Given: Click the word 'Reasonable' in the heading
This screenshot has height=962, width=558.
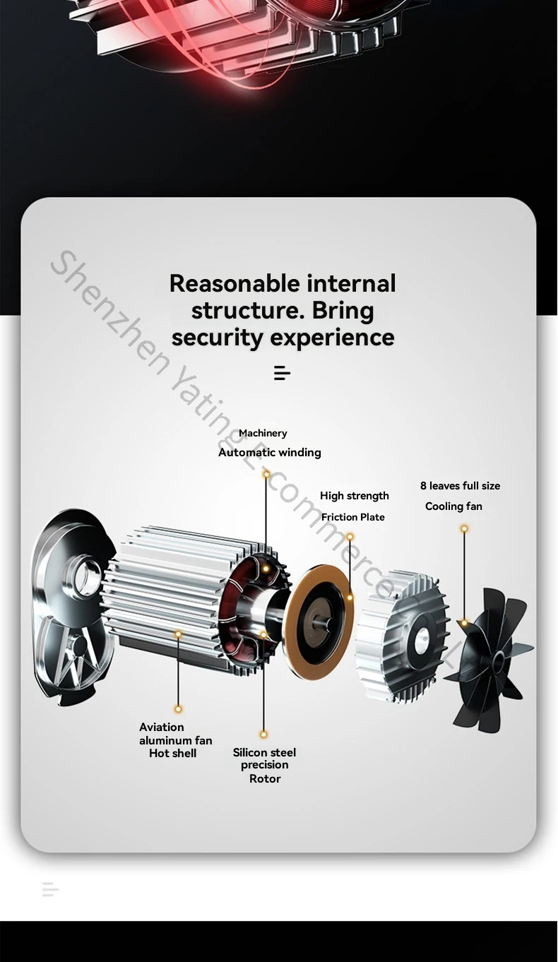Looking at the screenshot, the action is [235, 283].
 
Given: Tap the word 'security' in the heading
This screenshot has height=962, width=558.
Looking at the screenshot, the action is [218, 337].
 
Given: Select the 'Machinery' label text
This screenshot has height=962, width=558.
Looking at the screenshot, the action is [263, 433].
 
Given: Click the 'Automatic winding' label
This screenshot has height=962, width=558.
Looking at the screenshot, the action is [269, 452].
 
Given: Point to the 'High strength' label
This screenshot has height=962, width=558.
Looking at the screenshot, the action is [355, 496].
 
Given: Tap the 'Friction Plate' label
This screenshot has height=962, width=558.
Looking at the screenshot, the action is [352, 517].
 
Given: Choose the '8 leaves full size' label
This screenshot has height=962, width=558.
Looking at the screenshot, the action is [460, 486].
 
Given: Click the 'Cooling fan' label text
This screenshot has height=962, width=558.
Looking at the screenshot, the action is [453, 506].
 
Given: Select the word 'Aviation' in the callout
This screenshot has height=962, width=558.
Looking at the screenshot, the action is [162, 727].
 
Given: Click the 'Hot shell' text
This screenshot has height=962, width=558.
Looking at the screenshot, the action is [172, 753].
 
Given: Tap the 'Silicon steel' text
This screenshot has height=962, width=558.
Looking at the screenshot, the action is [264, 752].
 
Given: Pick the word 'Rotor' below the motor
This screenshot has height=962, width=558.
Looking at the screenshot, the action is [265, 778].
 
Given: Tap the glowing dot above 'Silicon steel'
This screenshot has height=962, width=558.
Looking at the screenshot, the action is [263, 735].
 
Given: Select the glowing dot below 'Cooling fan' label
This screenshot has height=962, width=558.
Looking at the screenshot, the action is [464, 528].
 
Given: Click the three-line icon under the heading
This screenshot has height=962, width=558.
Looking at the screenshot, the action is [282, 373].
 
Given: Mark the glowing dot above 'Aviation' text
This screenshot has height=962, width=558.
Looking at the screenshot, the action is [178, 709].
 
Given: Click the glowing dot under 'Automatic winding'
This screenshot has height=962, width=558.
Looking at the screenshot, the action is [266, 474].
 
